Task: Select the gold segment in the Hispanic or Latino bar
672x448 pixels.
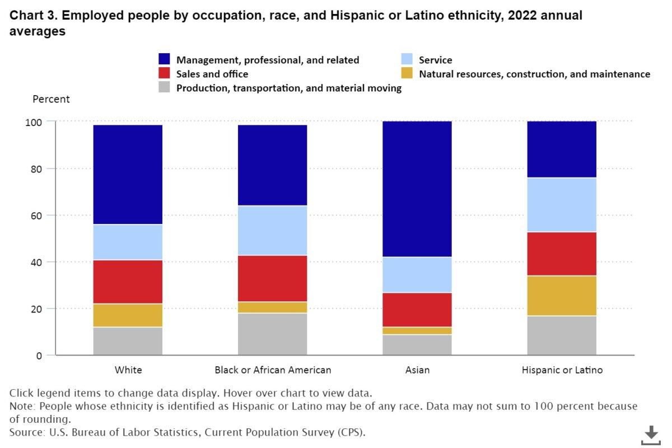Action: click(x=562, y=296)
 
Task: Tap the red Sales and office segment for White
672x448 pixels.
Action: click(x=128, y=282)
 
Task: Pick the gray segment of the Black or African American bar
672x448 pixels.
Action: click(x=273, y=334)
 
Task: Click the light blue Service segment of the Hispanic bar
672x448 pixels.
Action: click(x=562, y=204)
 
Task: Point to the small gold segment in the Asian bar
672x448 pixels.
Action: click(x=417, y=330)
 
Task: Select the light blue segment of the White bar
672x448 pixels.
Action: click(x=128, y=242)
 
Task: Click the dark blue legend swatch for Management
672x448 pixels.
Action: click(x=164, y=59)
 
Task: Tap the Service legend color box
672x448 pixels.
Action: click(x=407, y=59)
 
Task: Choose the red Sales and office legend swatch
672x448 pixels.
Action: click(x=164, y=73)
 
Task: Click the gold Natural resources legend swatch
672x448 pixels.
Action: click(x=407, y=73)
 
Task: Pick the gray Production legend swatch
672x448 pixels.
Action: click(x=164, y=87)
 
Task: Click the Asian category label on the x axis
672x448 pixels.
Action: click(x=417, y=370)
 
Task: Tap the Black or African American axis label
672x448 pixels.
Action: click(x=273, y=370)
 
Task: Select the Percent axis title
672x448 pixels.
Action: click(x=51, y=99)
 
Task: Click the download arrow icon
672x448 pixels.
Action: click(x=651, y=435)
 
